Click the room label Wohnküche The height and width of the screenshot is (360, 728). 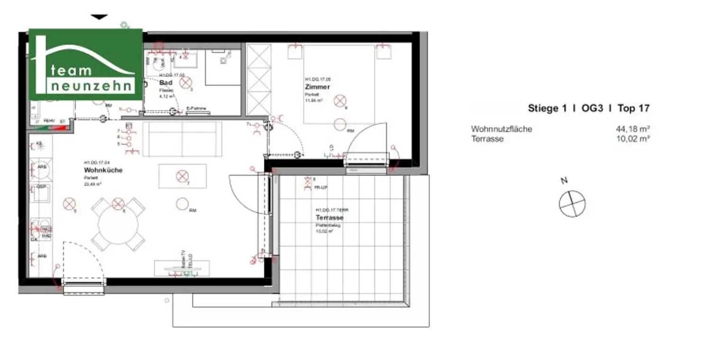103,170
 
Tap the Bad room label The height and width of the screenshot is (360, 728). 165,82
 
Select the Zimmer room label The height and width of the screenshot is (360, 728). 317,87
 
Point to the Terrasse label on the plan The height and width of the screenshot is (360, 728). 329,218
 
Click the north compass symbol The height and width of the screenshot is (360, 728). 572,204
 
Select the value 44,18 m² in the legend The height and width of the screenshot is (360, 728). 632,129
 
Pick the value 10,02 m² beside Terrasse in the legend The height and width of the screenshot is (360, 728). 632,139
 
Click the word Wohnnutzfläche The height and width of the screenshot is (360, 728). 501,129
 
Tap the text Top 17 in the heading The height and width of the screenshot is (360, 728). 633,108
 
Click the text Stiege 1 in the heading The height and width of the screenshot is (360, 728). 547,108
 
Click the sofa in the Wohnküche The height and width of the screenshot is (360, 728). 182,139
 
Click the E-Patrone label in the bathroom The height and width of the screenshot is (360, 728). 196,108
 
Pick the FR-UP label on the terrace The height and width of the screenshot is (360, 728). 321,188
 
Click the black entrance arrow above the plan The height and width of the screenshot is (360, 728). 99,17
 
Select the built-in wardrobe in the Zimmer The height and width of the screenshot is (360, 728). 259,80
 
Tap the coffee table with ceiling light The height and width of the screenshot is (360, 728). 182,176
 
